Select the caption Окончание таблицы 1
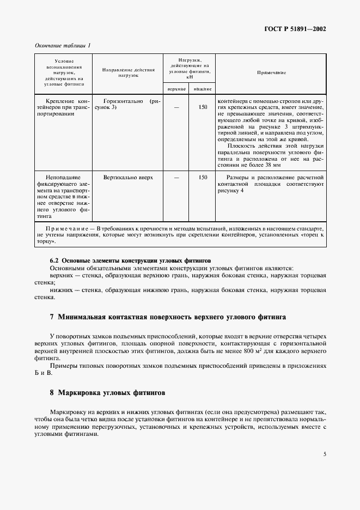(63, 46)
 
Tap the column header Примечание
(271, 72)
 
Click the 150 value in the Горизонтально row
(203, 107)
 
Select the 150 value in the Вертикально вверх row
(203, 178)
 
